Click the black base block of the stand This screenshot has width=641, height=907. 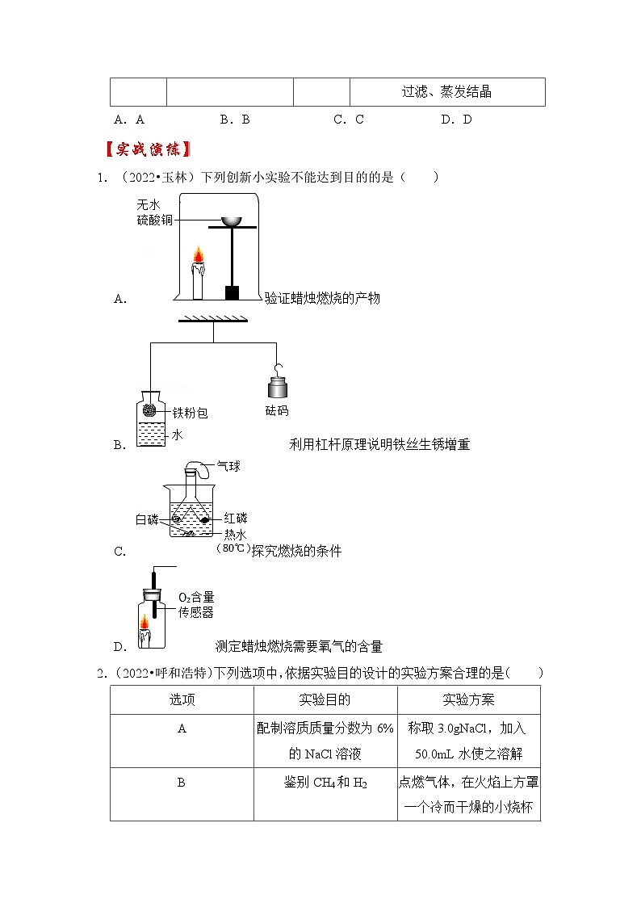(233, 292)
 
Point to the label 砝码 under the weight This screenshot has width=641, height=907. (277, 410)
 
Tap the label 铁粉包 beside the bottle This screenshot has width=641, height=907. (190, 413)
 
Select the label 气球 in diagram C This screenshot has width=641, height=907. (228, 466)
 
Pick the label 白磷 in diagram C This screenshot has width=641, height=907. (147, 519)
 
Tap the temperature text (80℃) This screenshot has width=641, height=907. (230, 548)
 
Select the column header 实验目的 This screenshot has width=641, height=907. (325, 699)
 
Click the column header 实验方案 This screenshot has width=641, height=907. (468, 699)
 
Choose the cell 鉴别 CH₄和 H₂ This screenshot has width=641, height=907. (325, 783)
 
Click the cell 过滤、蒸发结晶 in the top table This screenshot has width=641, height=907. (446, 91)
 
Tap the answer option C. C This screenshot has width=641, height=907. (349, 120)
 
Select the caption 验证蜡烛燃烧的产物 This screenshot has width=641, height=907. (322, 298)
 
